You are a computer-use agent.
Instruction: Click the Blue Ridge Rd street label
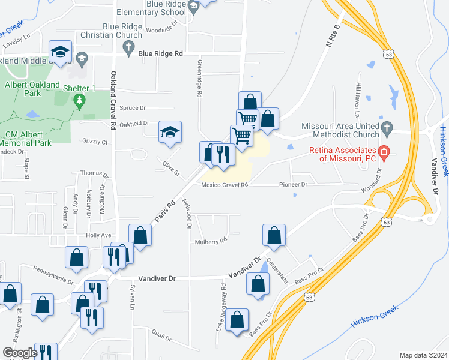[160, 53]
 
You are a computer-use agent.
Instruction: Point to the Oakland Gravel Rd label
[112, 101]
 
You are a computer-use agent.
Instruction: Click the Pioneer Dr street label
[293, 185]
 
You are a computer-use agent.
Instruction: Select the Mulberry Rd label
[209, 241]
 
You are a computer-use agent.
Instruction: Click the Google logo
[20, 353]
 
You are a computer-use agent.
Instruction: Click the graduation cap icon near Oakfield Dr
[170, 133]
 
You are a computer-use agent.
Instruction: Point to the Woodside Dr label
[163, 28]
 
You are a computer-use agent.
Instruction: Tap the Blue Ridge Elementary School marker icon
[193, 7]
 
